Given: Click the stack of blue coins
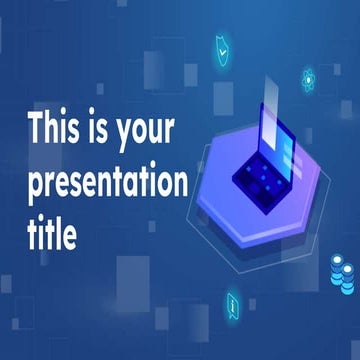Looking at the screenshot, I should coord(341,271).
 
